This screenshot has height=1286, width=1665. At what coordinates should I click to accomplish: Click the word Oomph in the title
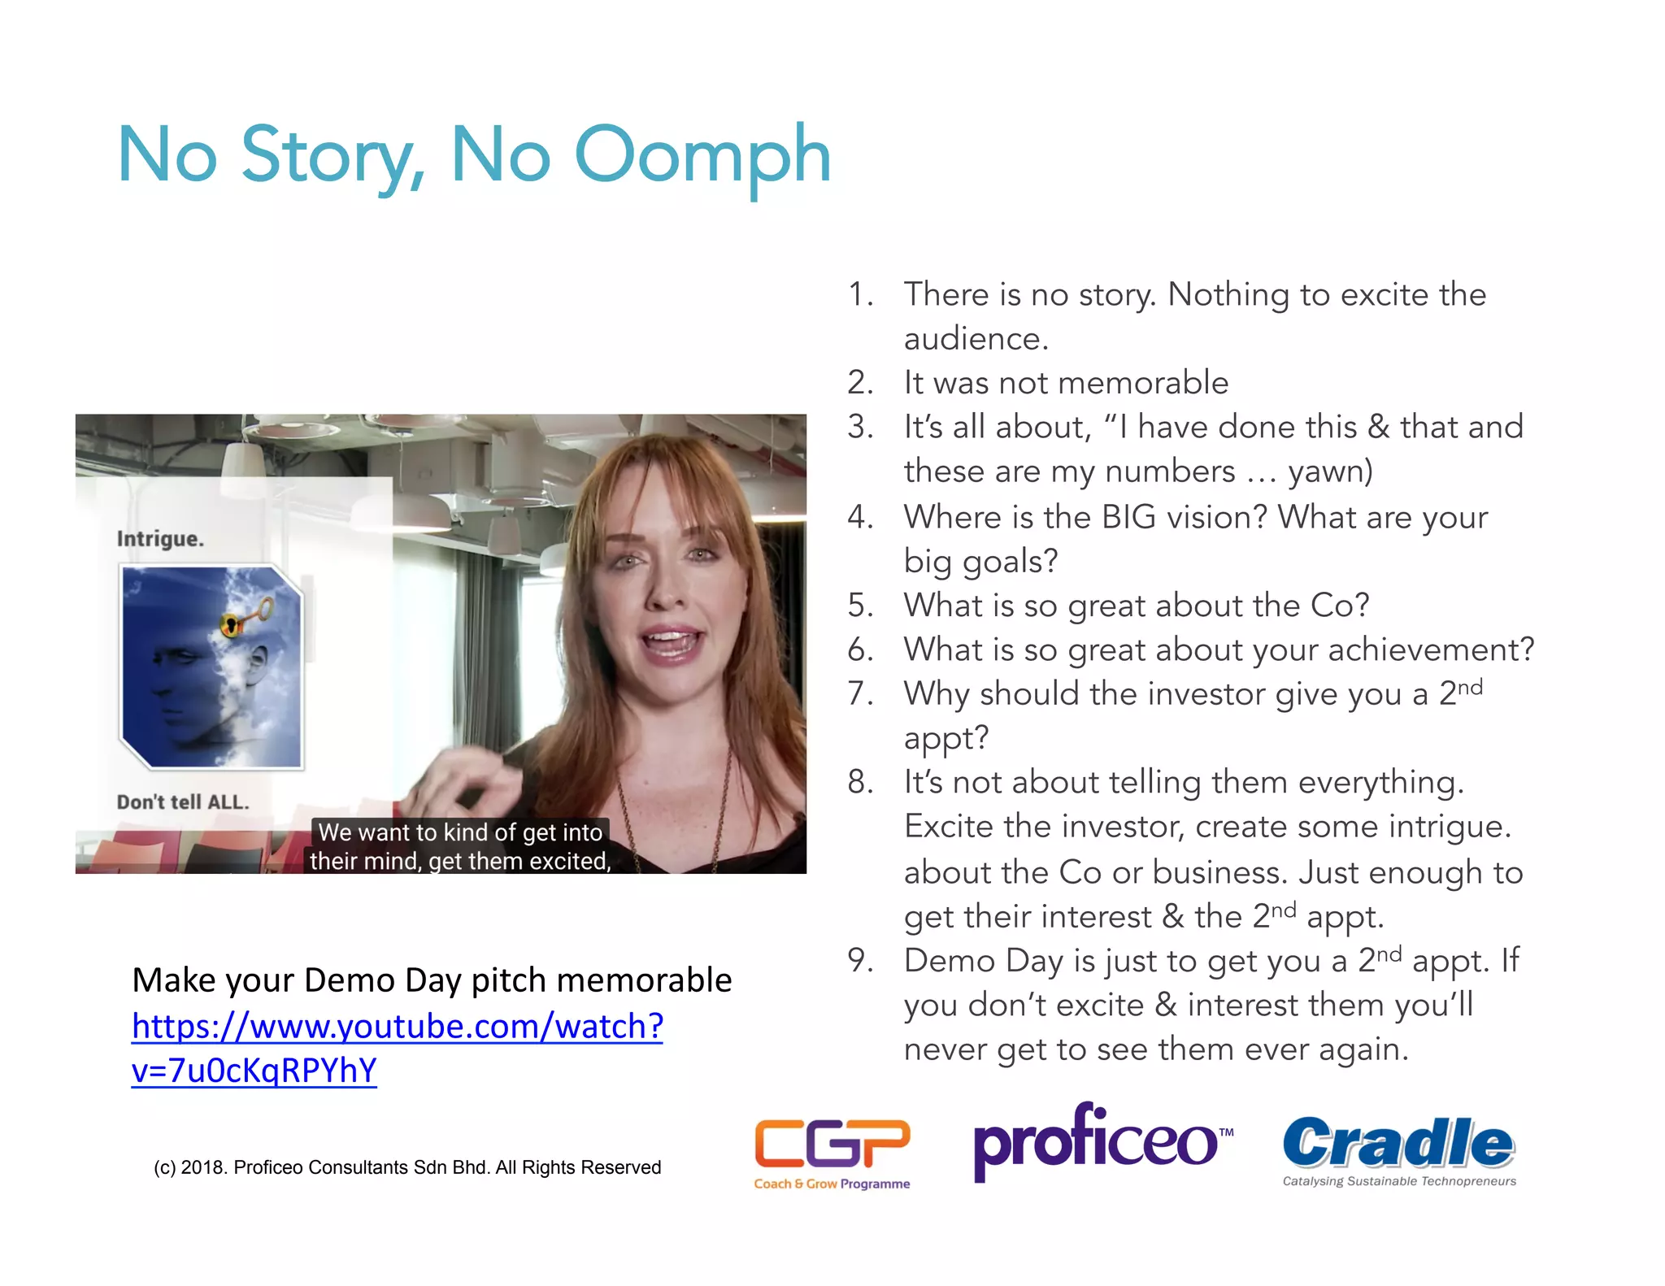702,156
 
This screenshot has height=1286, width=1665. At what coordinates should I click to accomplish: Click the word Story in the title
328,156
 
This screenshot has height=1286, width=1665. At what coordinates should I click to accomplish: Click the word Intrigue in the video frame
160,539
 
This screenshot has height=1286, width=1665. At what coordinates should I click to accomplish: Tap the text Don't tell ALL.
183,802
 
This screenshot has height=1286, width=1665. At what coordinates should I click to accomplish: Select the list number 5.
859,606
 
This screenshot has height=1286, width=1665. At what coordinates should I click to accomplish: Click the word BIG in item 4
1128,518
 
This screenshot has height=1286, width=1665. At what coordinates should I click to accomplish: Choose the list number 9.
859,961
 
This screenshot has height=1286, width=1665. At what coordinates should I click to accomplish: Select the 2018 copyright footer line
407,1167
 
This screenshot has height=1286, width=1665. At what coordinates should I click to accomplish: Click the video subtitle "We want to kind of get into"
460,832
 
